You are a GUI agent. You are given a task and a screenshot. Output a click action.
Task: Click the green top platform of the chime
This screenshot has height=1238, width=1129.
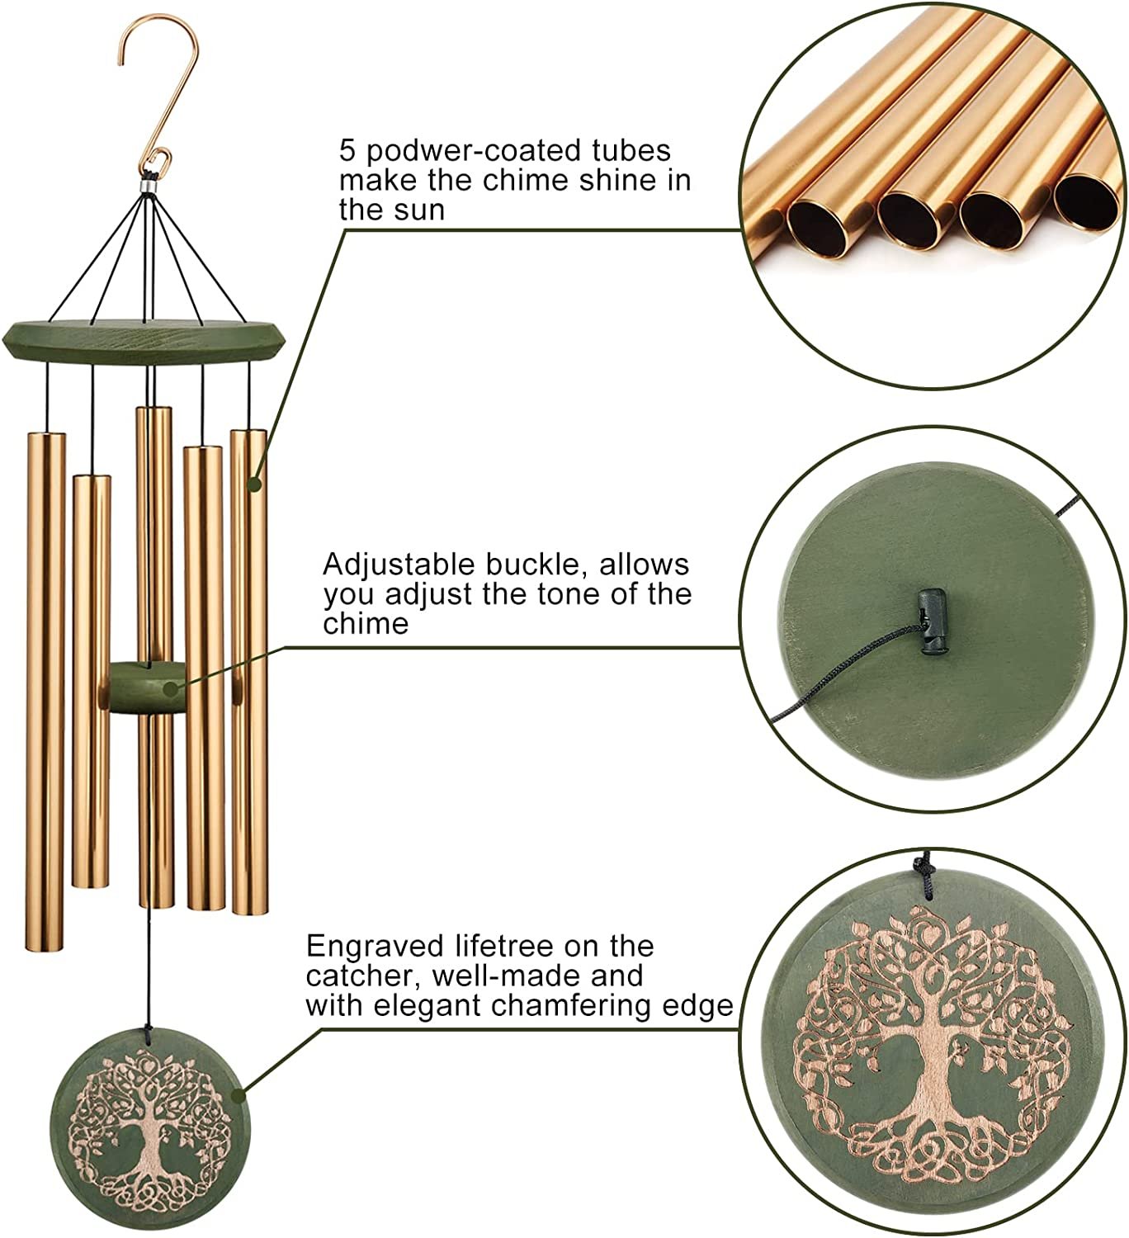pos(145,341)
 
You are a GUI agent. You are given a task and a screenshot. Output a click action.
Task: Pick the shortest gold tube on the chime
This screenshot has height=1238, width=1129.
pos(92,682)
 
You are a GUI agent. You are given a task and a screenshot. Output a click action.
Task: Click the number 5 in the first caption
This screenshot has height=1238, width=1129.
pos(347,152)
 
